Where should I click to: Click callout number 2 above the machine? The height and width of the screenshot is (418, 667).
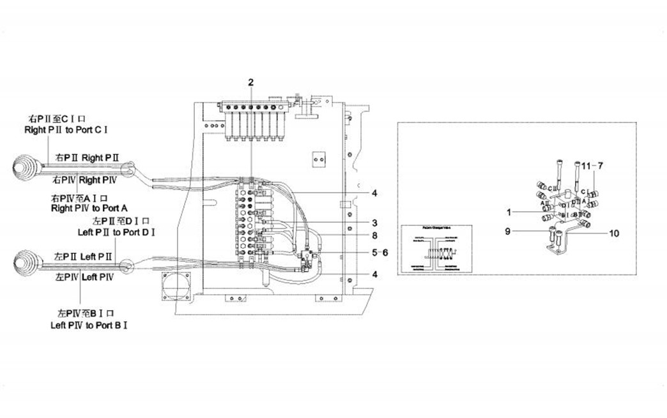[251, 82]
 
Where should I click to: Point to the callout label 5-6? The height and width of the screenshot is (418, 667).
[379, 252]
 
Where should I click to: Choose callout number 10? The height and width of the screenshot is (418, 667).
[613, 234]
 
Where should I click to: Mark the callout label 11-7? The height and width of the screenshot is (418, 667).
[594, 165]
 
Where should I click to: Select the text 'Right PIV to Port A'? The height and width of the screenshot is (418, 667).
[90, 208]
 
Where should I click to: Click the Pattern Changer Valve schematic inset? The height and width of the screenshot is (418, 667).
[434, 250]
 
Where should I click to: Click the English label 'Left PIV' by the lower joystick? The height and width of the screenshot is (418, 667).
[98, 278]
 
